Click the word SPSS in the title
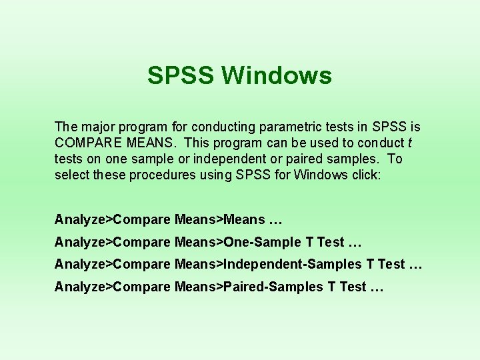(181, 75)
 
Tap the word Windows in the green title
(277, 75)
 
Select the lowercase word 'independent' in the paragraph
(249, 159)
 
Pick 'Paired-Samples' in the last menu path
(273, 287)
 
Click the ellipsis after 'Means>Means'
(275, 219)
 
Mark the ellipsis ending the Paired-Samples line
(377, 287)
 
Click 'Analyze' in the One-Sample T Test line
(81, 242)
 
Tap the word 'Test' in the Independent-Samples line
(391, 264)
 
